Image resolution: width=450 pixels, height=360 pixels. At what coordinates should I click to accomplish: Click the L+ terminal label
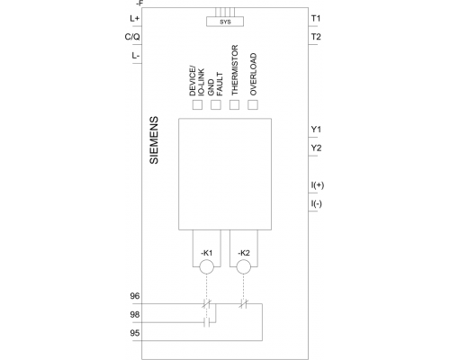pyautogui.click(x=135, y=19)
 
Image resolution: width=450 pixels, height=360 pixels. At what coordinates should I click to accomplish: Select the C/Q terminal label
pyautogui.click(x=132, y=37)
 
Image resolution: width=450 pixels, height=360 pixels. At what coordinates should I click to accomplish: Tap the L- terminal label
pyautogui.click(x=136, y=56)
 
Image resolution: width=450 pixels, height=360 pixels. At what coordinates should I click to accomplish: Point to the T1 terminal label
pyautogui.click(x=316, y=19)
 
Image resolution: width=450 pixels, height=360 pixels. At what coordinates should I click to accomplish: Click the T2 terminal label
pyautogui.click(x=316, y=37)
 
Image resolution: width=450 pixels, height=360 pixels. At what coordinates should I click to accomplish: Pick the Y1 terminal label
pyautogui.click(x=316, y=130)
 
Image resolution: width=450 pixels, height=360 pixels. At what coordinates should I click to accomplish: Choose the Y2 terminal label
pyautogui.click(x=316, y=148)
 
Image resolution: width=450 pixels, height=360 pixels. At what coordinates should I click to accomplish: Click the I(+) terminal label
pyautogui.click(x=318, y=185)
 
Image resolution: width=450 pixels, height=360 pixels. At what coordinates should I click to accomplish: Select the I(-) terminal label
pyautogui.click(x=317, y=203)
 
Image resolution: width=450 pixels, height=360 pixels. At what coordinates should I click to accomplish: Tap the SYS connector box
pyautogui.click(x=225, y=22)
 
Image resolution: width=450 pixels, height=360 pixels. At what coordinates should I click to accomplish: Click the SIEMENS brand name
pyautogui.click(x=154, y=140)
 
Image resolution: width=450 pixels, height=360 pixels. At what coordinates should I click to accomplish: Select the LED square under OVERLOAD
pyautogui.click(x=253, y=104)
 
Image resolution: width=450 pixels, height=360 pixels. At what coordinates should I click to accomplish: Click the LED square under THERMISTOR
pyautogui.click(x=234, y=104)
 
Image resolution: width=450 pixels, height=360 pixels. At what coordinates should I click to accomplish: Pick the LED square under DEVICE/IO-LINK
pyautogui.click(x=197, y=104)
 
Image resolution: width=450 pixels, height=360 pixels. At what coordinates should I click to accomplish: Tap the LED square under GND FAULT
pyautogui.click(x=216, y=104)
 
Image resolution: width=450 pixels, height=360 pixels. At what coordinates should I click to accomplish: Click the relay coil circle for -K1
pyautogui.click(x=207, y=267)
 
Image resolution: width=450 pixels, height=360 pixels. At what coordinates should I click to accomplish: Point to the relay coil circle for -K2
pyautogui.click(x=244, y=267)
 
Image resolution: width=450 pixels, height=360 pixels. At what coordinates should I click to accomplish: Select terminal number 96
pyautogui.click(x=135, y=296)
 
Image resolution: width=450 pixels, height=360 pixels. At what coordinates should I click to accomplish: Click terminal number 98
pyautogui.click(x=135, y=314)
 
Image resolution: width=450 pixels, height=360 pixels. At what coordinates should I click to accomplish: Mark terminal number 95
pyautogui.click(x=135, y=333)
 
